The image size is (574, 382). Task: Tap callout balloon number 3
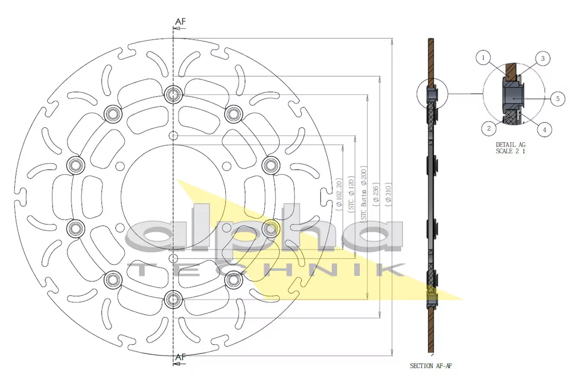(x=542, y=58)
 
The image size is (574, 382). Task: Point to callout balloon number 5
(x=557, y=98)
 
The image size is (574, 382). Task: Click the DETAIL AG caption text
(x=511, y=144)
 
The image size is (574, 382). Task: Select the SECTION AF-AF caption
(x=431, y=366)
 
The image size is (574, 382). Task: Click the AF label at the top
(x=181, y=21)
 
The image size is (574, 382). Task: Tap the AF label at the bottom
(x=181, y=357)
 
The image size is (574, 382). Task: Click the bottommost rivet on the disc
(x=173, y=300)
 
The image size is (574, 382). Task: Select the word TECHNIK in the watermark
(x=266, y=270)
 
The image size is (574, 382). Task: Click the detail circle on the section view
(x=432, y=95)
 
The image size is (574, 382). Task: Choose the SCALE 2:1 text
(x=511, y=151)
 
